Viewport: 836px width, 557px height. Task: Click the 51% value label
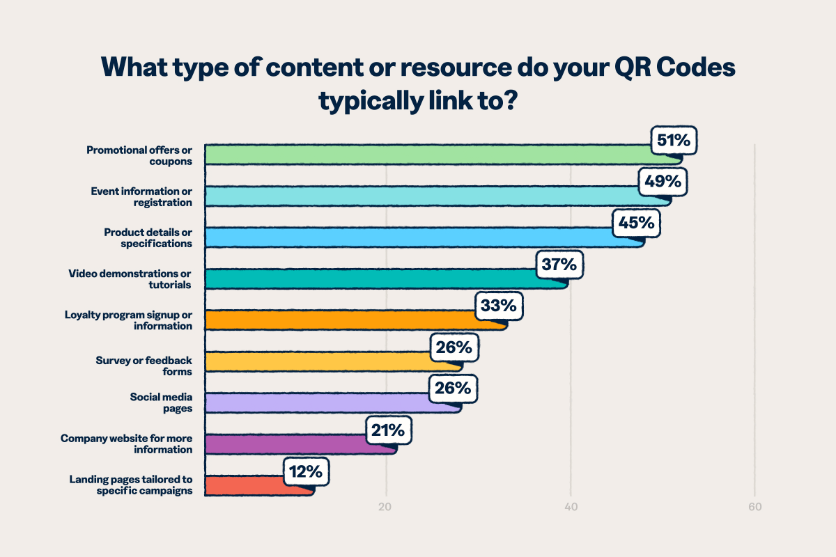click(674, 141)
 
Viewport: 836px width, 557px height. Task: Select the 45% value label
click(636, 223)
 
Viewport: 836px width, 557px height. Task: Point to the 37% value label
click(559, 265)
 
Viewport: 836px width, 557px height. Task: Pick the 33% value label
click(499, 306)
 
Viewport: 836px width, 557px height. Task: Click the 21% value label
click(389, 432)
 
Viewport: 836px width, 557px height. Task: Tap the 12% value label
click(306, 472)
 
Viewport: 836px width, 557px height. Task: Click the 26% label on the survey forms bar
click(454, 347)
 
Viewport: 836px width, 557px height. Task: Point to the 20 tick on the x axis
click(385, 507)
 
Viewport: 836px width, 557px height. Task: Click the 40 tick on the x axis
click(570, 507)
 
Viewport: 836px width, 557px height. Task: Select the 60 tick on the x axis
click(754, 507)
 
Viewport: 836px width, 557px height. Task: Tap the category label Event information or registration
click(141, 196)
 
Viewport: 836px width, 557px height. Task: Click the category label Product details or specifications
click(148, 237)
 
